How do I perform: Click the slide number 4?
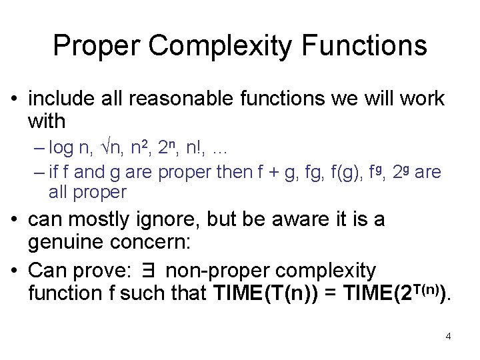(x=448, y=335)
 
